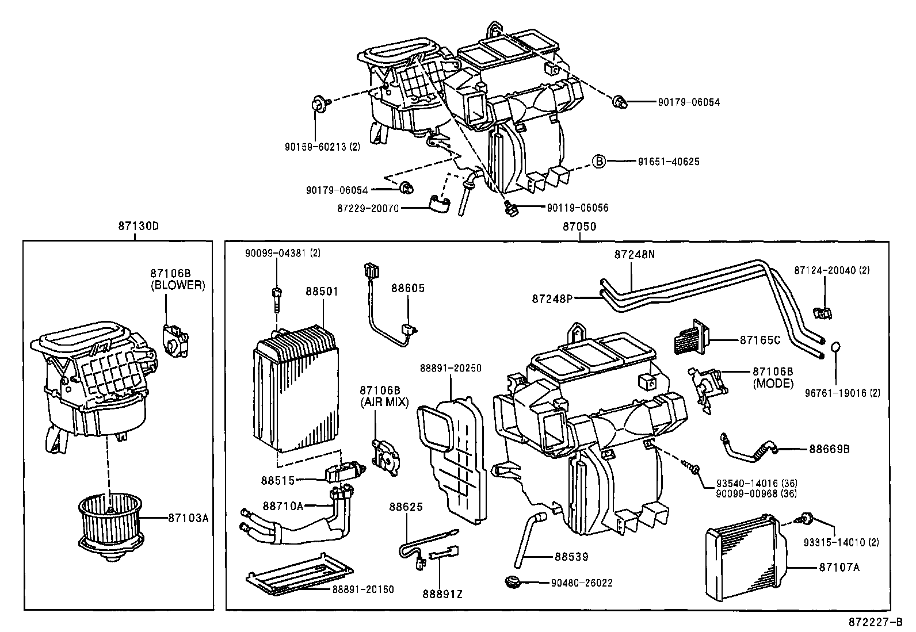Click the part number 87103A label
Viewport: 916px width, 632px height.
pyautogui.click(x=188, y=518)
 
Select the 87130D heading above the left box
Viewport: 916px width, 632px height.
pyautogui.click(x=138, y=226)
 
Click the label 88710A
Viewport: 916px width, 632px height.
pyautogui.click(x=283, y=505)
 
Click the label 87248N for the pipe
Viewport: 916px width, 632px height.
pyautogui.click(x=634, y=254)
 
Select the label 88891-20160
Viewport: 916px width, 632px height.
pyautogui.click(x=362, y=589)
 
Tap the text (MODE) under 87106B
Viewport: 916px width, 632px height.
pyautogui.click(x=773, y=383)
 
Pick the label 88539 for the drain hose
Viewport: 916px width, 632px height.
pyautogui.click(x=571, y=557)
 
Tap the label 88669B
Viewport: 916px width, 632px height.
pyautogui.click(x=829, y=449)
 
